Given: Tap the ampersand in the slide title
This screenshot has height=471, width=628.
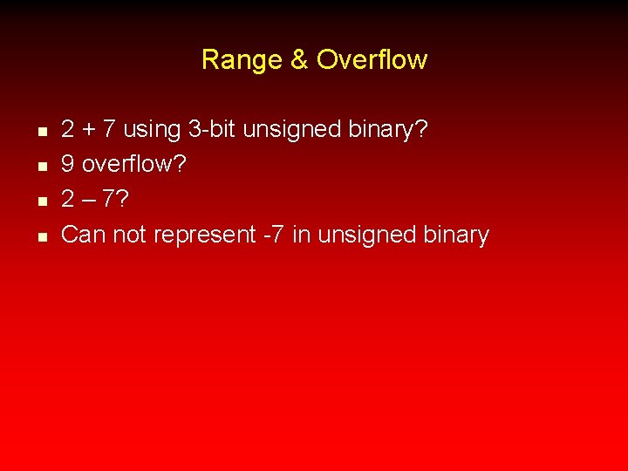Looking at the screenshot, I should (x=298, y=60).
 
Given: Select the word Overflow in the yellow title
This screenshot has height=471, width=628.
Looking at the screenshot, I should (x=372, y=60).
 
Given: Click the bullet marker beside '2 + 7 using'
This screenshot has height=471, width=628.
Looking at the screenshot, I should (x=41, y=132).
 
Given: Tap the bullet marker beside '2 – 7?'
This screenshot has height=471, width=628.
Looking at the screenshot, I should (x=41, y=201).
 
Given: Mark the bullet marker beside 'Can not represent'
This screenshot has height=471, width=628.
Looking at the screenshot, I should (x=41, y=236).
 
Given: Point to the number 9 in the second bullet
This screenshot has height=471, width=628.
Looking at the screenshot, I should (x=68, y=165).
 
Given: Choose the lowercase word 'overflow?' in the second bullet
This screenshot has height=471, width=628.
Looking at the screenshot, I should (x=133, y=165).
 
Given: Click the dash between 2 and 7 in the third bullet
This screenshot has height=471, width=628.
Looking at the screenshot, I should (x=88, y=200).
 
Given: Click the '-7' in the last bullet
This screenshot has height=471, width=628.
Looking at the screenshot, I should (x=274, y=235).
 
